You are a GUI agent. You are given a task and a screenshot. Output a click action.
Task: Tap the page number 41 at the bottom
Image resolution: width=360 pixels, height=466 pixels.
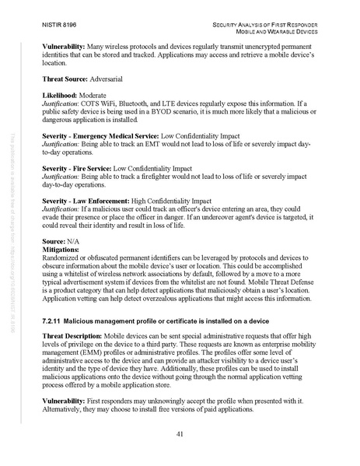(x=180, y=433)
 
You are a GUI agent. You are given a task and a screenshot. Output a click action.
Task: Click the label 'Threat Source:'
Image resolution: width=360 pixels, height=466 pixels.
(x=66, y=79)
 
